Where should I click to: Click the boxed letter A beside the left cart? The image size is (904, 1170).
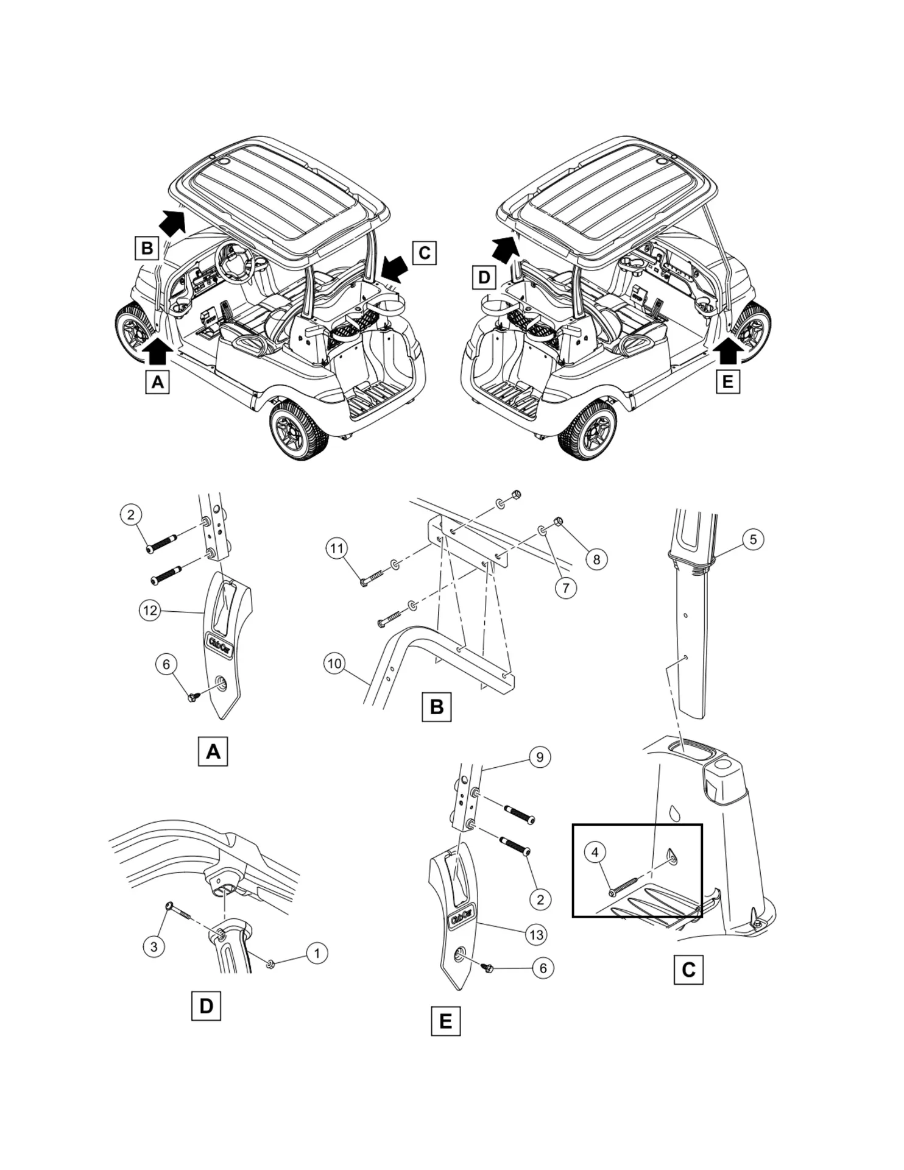click(157, 382)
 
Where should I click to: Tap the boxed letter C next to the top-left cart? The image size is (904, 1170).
click(425, 252)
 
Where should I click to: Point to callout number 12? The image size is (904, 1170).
click(150, 610)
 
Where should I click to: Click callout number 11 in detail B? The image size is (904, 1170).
click(337, 548)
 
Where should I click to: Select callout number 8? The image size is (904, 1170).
click(596, 559)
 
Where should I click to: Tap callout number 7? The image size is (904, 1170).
click(566, 588)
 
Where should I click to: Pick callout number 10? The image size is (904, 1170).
click(335, 663)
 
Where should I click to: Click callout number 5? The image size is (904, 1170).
click(753, 539)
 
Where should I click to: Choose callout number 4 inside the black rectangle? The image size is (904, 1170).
click(595, 852)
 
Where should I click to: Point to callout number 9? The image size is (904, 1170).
click(540, 757)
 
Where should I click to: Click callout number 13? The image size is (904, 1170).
click(536, 934)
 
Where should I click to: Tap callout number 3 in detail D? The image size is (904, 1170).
click(154, 946)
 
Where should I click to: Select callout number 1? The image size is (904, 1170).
click(316, 953)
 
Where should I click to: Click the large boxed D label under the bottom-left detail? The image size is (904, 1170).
click(206, 1006)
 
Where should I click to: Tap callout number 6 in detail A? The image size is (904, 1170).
click(166, 664)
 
